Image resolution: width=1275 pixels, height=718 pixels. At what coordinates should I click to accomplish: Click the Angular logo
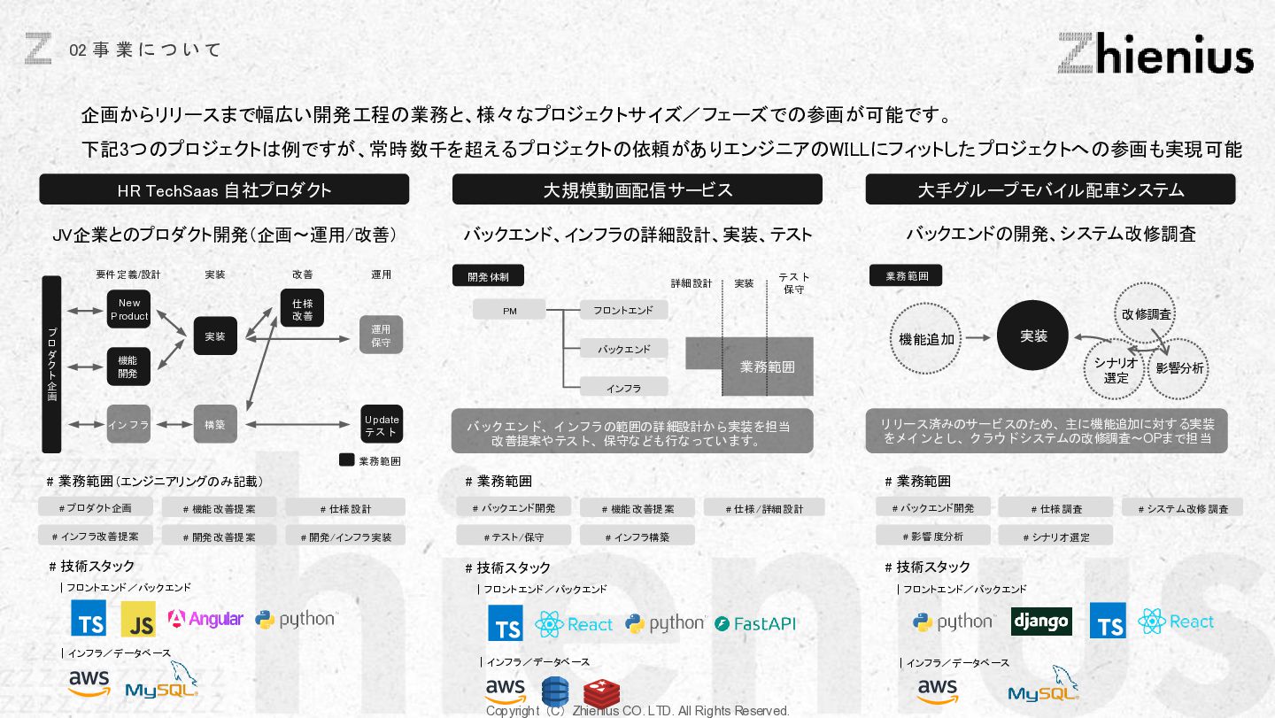[205, 619]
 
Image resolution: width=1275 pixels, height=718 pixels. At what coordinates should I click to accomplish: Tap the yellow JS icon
[138, 620]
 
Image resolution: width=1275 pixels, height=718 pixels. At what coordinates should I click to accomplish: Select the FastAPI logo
[755, 623]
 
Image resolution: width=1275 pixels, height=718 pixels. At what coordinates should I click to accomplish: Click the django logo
[1041, 621]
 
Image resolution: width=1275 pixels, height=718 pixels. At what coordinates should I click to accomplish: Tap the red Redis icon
[601, 692]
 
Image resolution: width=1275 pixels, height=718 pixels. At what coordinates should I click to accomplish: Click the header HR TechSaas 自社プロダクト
[224, 189]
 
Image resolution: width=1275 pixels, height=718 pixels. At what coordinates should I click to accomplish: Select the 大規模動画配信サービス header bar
[637, 189]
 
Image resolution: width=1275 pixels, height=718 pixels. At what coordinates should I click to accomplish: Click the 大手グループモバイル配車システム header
[1050, 189]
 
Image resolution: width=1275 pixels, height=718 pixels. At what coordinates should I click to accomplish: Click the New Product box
[129, 309]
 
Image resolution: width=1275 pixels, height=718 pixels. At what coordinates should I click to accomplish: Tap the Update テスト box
[382, 425]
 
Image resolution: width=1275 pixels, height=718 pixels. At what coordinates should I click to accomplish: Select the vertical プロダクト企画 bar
[51, 364]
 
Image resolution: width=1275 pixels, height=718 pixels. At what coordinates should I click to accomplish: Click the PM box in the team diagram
[509, 310]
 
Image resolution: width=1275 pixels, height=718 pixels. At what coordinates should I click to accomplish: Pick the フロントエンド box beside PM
[623, 310]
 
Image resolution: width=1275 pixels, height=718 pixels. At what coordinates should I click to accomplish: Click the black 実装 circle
[1033, 336]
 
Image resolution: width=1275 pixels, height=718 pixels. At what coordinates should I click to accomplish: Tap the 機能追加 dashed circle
[926, 338]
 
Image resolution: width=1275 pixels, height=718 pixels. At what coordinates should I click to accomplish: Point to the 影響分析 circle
[1178, 368]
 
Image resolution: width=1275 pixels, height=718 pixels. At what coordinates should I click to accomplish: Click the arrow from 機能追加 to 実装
[977, 337]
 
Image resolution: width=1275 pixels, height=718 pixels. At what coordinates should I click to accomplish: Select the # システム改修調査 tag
[1182, 508]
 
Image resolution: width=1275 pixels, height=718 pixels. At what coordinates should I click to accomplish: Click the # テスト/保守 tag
[514, 537]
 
